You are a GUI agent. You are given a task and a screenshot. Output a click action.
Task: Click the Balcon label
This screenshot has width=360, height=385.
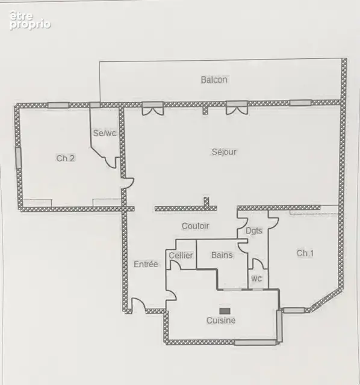coord(214,80)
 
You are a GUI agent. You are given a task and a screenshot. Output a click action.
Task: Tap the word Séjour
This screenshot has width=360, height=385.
coord(224,152)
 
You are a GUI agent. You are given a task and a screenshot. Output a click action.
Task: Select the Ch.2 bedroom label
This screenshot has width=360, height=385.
coord(66,158)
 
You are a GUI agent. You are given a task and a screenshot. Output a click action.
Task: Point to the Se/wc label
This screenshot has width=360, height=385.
coord(104,133)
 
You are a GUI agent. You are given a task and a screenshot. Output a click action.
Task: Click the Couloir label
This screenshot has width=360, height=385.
coord(196,226)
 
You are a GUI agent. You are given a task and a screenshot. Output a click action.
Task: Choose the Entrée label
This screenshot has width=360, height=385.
coord(146,264)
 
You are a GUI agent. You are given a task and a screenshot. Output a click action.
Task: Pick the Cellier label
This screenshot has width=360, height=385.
coord(181,255)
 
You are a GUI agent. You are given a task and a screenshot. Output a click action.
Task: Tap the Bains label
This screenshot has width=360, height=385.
coord(222,255)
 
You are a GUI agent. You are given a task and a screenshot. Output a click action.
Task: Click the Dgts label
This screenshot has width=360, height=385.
coord(254,231)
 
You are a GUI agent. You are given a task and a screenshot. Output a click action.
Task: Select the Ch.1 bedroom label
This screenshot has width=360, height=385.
coord(305,253)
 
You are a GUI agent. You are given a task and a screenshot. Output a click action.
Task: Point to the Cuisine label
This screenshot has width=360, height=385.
coord(221,321)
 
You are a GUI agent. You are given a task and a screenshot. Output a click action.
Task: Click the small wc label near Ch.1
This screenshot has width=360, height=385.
coord(256,279)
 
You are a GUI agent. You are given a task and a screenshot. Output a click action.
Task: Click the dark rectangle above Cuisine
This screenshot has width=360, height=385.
coord(225,311)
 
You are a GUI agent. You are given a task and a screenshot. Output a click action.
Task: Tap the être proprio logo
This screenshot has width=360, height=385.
coord(30,20)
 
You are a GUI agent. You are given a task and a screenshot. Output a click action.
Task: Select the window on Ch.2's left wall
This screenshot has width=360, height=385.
coord(19,158)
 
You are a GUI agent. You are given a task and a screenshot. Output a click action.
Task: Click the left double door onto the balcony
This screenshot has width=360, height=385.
coord(152,109)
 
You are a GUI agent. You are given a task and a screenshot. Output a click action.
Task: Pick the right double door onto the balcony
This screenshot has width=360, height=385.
coord(237,108)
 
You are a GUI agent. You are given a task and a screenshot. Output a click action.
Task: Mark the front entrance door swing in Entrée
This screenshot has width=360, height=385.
coord(138,304)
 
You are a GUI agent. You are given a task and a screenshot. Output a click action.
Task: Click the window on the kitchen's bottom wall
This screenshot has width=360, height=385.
coord(255,342)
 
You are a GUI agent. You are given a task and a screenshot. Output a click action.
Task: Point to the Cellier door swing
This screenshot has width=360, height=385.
coord(174,265)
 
